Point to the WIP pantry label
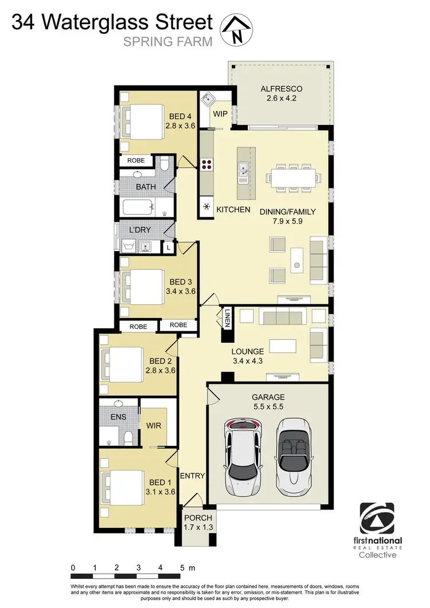point(221,114)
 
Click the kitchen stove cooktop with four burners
point(206,166)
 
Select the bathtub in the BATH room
point(138,206)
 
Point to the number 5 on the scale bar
point(182,568)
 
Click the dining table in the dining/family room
point(292,177)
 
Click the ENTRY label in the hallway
point(193,476)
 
